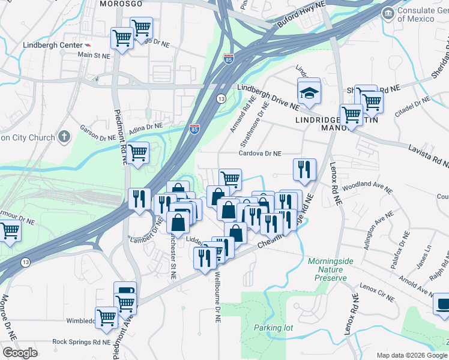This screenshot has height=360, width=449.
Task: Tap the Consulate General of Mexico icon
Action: [388, 13]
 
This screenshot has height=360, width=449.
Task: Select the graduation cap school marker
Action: [309, 93]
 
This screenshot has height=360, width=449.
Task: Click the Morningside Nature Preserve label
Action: [327, 269]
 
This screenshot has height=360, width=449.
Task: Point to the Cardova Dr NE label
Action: [260, 154]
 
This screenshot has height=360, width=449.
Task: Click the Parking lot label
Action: [273, 328]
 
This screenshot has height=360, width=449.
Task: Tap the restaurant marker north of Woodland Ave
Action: [304, 169]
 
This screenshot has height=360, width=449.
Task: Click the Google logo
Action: [20, 352]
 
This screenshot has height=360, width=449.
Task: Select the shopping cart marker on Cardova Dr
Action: [230, 178]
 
